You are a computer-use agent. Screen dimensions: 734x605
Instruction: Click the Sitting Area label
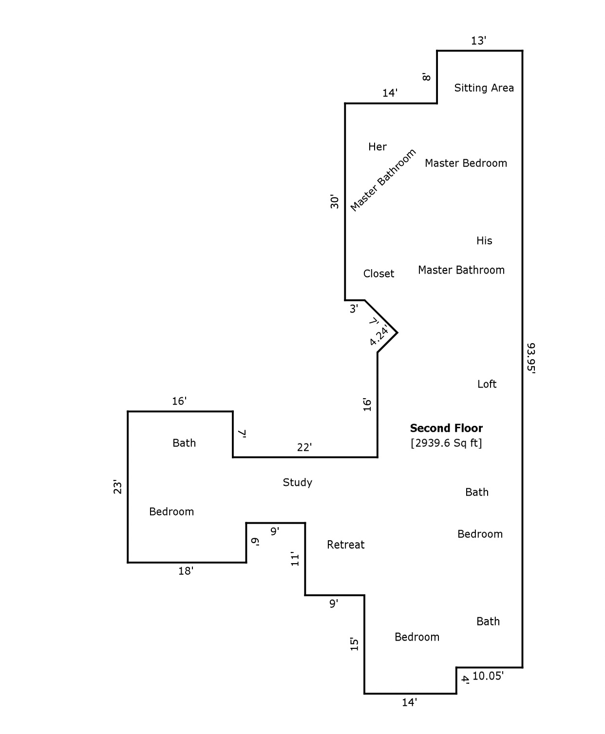pyautogui.click(x=484, y=88)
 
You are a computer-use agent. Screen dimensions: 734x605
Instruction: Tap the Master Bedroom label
pyautogui.click(x=466, y=164)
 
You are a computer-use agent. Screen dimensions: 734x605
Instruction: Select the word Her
pyautogui.click(x=378, y=147)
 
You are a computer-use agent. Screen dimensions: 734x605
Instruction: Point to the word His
pyautogui.click(x=484, y=241)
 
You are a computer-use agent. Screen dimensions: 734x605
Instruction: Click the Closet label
pyautogui.click(x=378, y=274)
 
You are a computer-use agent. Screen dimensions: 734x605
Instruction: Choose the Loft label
pyautogui.click(x=487, y=385)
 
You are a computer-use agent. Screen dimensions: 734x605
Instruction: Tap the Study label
pyautogui.click(x=297, y=483)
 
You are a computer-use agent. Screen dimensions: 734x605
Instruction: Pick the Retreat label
pyautogui.click(x=345, y=545)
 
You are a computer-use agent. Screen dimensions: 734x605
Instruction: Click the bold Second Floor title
pyautogui.click(x=446, y=428)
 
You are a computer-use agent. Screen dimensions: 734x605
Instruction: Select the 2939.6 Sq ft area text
pyautogui.click(x=446, y=443)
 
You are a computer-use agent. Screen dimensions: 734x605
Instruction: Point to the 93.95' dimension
pyautogui.click(x=531, y=358)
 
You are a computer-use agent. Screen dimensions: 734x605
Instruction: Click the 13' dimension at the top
pyautogui.click(x=478, y=41)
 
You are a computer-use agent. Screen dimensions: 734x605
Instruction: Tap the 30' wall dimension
pyautogui.click(x=335, y=202)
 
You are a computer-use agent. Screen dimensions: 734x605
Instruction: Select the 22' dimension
pyautogui.click(x=304, y=448)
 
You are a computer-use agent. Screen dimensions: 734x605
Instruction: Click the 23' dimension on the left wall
pyautogui.click(x=118, y=487)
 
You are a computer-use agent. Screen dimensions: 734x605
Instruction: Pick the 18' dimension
pyautogui.click(x=186, y=571)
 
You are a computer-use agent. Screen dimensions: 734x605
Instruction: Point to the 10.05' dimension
pyautogui.click(x=488, y=676)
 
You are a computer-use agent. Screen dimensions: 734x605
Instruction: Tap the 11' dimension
pyautogui.click(x=295, y=559)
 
